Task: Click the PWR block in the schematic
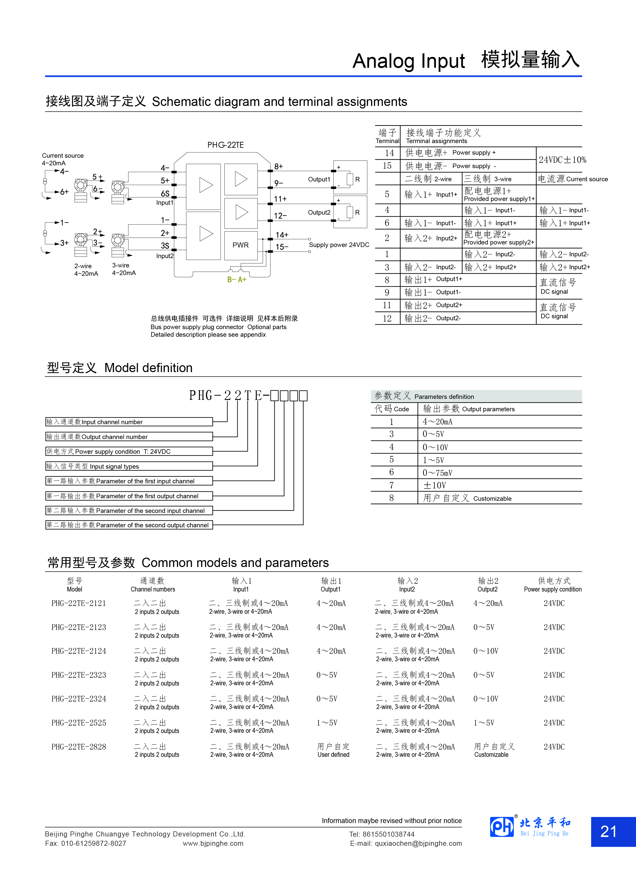241,245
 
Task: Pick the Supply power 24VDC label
339,245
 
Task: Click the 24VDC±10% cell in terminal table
562,160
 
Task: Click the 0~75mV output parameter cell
437,473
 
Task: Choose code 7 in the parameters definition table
392,485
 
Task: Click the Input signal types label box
129,466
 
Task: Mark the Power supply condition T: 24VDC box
129,451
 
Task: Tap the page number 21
609,831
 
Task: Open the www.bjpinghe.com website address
213,843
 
